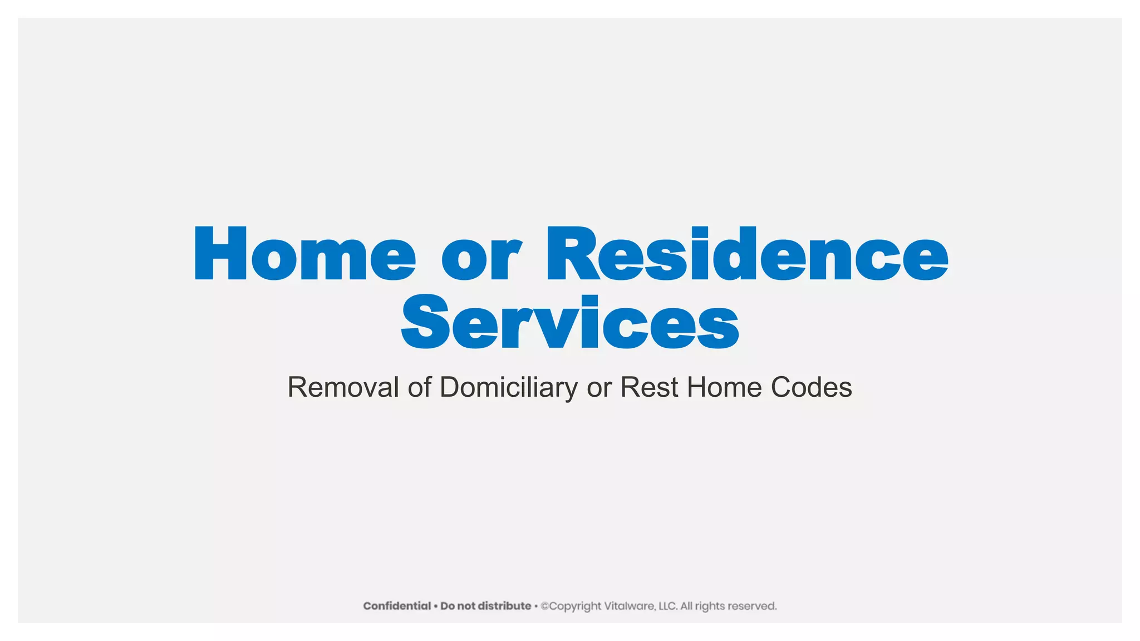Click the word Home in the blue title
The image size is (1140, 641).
click(x=304, y=254)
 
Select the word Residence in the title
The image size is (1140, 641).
click(x=747, y=254)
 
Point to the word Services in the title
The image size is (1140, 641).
click(x=570, y=323)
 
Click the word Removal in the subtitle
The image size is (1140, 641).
click(x=343, y=387)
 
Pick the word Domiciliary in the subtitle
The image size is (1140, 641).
click(x=508, y=387)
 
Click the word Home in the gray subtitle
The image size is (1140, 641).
click(x=724, y=387)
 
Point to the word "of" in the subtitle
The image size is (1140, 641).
click(x=419, y=387)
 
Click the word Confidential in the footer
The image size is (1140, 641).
click(x=397, y=606)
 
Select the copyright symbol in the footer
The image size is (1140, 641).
click(x=544, y=606)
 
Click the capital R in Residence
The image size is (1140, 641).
click(x=573, y=254)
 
